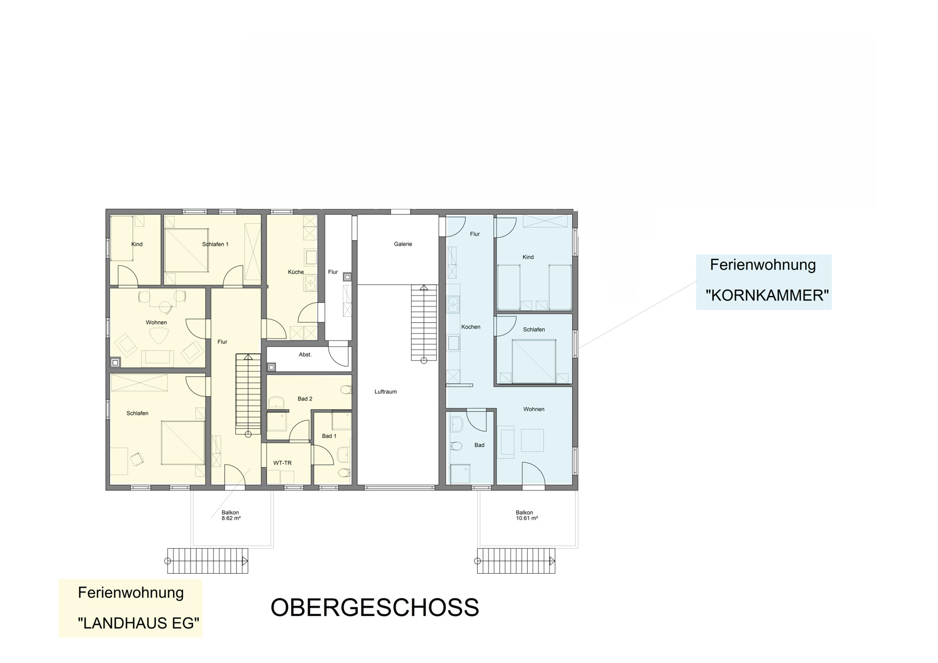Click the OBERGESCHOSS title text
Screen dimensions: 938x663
(x=375, y=607)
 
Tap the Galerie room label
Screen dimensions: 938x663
(x=403, y=244)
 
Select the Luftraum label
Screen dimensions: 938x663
(x=385, y=392)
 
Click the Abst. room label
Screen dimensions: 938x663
(x=305, y=354)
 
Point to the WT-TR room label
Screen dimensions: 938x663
(x=282, y=463)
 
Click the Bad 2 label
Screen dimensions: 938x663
(x=305, y=399)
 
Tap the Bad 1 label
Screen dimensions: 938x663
(x=329, y=436)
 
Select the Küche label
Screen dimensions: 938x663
(x=296, y=272)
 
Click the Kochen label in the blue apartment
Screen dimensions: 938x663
(x=471, y=327)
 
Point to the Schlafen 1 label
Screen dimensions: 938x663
(x=215, y=244)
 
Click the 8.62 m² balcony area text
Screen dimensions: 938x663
(x=231, y=518)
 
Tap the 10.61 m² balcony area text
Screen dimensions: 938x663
(x=527, y=518)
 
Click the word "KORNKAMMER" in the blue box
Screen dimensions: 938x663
(x=767, y=295)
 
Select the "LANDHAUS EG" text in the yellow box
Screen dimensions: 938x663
(x=139, y=623)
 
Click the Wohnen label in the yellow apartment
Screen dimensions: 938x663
(x=156, y=323)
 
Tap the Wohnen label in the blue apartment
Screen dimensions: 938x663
(x=533, y=409)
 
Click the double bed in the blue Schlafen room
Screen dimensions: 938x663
(x=534, y=361)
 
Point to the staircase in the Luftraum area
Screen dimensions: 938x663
(x=424, y=323)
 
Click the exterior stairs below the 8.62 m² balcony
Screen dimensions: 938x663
(x=208, y=561)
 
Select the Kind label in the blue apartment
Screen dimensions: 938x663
(x=528, y=257)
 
